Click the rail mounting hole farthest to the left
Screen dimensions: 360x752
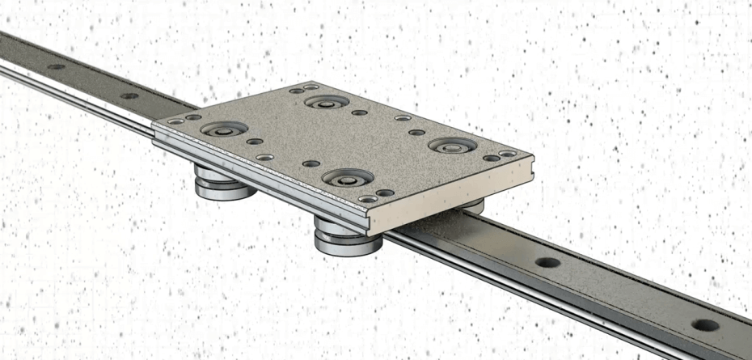56,67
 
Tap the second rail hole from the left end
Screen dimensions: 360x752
129,95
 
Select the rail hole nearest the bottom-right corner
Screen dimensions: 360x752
704,325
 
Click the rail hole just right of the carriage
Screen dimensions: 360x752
547,263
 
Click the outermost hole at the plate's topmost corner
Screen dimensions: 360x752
311,87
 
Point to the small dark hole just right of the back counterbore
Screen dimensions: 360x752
359,112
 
